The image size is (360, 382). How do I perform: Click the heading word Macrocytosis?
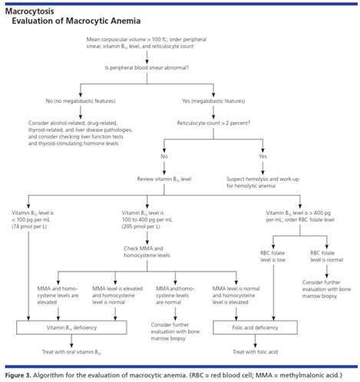click(30, 12)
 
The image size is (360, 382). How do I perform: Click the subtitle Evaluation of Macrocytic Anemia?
click(76, 21)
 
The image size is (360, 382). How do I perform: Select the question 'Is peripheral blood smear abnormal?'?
click(147, 68)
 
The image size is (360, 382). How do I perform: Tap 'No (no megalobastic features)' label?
click(81, 101)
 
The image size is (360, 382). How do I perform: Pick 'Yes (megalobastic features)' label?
click(213, 101)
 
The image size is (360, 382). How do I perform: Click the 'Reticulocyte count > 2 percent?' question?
click(213, 123)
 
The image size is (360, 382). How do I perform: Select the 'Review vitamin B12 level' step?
click(164, 179)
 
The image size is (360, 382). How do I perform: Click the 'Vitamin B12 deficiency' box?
click(71, 328)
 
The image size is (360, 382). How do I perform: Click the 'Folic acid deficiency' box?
click(255, 328)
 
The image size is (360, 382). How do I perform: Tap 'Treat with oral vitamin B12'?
click(71, 352)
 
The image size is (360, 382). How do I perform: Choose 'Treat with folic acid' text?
click(255, 352)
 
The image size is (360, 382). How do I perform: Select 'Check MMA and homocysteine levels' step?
click(147, 252)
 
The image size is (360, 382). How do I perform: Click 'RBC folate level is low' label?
click(272, 256)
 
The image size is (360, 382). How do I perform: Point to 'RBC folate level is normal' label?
click(327, 256)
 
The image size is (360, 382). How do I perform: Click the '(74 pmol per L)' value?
click(29, 226)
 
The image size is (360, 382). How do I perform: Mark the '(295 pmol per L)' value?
click(141, 226)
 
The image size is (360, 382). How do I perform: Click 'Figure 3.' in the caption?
click(18, 375)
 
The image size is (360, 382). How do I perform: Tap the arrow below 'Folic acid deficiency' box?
click(255, 341)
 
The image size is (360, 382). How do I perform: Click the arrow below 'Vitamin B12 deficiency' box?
click(71, 341)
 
